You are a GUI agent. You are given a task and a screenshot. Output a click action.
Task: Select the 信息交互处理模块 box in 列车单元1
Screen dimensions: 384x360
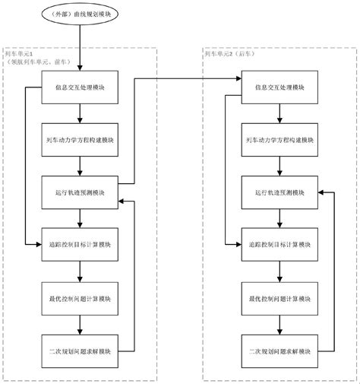pyautogui.click(x=80, y=87)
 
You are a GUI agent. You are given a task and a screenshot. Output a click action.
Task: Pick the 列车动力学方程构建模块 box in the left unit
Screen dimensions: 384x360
pyautogui.click(x=80, y=140)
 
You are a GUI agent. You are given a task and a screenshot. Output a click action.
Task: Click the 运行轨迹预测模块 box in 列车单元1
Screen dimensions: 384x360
pyautogui.click(x=80, y=192)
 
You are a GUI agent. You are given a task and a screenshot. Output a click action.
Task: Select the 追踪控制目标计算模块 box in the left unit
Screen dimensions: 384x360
pyautogui.click(x=80, y=245)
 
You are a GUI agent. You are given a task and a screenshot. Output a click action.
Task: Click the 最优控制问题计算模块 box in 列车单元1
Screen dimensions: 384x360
pyautogui.click(x=80, y=297)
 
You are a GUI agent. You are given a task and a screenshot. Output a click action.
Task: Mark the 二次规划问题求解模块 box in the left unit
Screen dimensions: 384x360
pyautogui.click(x=80, y=350)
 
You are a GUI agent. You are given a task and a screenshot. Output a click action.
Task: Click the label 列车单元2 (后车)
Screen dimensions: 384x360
pyautogui.click(x=232, y=54)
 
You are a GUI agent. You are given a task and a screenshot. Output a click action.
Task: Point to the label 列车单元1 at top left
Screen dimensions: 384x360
pyautogui.click(x=18, y=54)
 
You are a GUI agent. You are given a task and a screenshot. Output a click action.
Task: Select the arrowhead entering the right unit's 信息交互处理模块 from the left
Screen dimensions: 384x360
pyautogui.click(x=238, y=79)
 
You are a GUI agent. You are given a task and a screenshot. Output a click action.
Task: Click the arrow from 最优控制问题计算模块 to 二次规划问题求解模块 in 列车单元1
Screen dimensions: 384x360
pyautogui.click(x=80, y=324)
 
